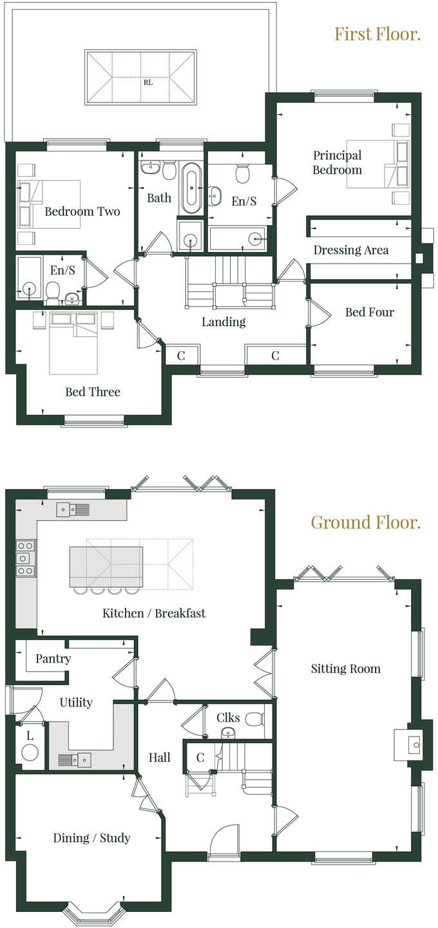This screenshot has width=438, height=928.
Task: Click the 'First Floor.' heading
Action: pyautogui.click(x=377, y=34)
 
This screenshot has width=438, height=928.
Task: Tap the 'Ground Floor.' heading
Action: pyautogui.click(x=365, y=522)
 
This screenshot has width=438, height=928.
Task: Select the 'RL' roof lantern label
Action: pyautogui.click(x=148, y=82)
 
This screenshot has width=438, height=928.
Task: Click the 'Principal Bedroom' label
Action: pyautogui.click(x=338, y=162)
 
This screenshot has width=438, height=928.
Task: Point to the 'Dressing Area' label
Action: pyautogui.click(x=351, y=250)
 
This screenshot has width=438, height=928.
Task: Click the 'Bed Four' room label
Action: pyautogui.click(x=369, y=312)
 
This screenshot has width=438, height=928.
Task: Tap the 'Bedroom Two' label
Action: pyautogui.click(x=82, y=211)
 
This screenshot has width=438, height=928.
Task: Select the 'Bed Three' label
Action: pyautogui.click(x=93, y=392)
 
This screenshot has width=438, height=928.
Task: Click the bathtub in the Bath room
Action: pyautogui.click(x=191, y=188)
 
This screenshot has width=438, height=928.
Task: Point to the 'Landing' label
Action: pyautogui.click(x=224, y=322)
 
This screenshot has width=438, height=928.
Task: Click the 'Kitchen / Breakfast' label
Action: pyautogui.click(x=154, y=613)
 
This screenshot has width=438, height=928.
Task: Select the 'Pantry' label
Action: pyautogui.click(x=53, y=659)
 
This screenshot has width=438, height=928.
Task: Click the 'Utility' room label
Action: pyautogui.click(x=76, y=702)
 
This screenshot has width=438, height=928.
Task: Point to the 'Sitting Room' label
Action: pyautogui.click(x=345, y=669)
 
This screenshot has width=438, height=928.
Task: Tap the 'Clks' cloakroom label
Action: pyautogui.click(x=229, y=717)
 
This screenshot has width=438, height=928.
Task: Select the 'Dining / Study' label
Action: pyautogui.click(x=91, y=838)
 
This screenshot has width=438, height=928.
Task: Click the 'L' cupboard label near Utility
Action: pyautogui.click(x=30, y=735)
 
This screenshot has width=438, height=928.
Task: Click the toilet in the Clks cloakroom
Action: pyautogui.click(x=255, y=717)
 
